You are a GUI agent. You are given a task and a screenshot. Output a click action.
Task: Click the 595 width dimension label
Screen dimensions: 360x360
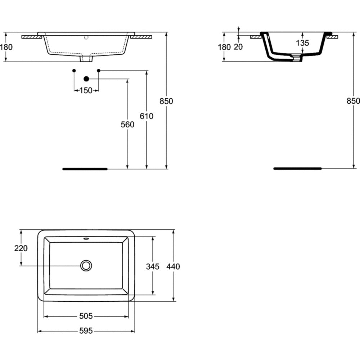pos(86,330)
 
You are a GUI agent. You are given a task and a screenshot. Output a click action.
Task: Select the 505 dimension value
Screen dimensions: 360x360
pos(86,316)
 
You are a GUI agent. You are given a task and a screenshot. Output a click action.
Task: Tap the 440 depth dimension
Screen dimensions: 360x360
pos(173,266)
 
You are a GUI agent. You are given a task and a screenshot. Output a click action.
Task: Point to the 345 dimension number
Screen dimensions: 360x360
pos(153,266)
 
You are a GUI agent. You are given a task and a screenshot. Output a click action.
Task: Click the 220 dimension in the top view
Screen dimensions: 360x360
pos(21,248)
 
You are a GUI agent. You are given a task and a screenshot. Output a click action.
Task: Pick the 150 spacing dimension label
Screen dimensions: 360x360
pos(86,91)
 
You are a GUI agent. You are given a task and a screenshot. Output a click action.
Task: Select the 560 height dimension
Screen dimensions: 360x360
pos(127,124)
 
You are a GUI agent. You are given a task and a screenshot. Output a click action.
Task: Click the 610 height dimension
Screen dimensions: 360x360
pos(147,116)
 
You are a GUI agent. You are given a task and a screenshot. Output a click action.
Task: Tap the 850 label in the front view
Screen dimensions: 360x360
pos(166,101)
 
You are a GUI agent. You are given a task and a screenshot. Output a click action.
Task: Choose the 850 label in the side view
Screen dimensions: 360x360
pos(353,101)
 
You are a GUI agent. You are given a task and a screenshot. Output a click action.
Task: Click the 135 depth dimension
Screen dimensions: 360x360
pos(302,43)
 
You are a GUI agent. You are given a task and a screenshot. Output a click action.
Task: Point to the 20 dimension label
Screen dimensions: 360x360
pos(238,47)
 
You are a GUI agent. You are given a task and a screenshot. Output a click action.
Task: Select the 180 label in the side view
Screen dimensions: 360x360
pos(224,47)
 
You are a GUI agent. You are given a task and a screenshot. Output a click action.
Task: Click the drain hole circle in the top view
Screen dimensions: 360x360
pos(86,266)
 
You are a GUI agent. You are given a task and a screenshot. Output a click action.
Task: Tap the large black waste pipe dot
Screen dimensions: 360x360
pos(86,78)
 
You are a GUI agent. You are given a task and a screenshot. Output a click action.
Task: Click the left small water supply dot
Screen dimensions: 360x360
pos(74,71)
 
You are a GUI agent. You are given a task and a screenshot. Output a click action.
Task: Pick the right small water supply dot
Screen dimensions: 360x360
pos(98,71)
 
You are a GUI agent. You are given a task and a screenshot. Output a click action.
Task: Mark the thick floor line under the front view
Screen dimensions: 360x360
pos(85,168)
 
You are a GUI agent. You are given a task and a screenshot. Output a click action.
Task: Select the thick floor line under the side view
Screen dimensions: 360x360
pos(297,168)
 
